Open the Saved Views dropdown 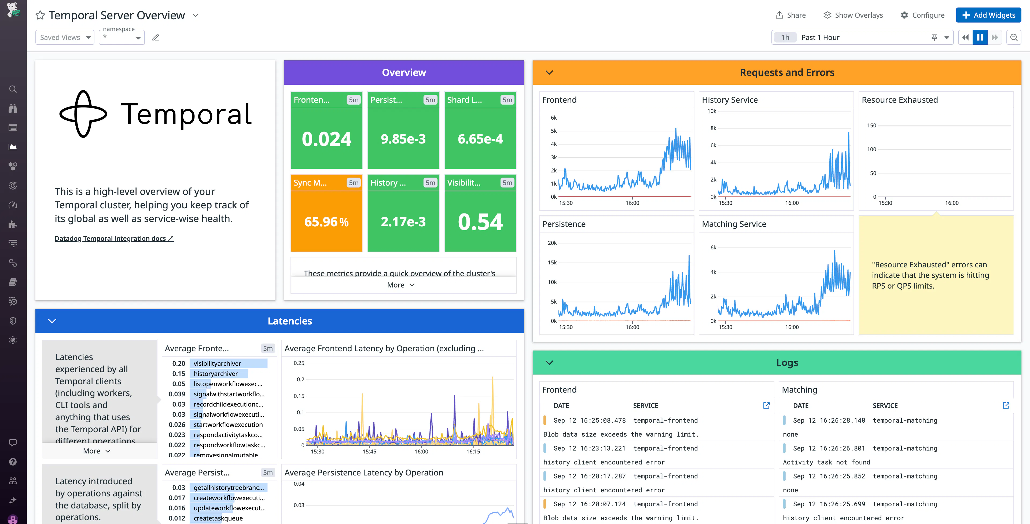click(65, 38)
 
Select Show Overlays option click(853, 15)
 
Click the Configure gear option click(922, 15)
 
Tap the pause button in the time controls click(980, 38)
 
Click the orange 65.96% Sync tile click(326, 222)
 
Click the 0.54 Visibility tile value click(480, 222)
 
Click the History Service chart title click(729, 100)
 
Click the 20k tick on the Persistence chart click(552, 243)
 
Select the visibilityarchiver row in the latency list click(217, 363)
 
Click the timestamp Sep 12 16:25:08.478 click(589, 420)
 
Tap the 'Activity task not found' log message click(826, 462)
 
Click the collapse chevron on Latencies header click(52, 321)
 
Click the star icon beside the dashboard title click(40, 15)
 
